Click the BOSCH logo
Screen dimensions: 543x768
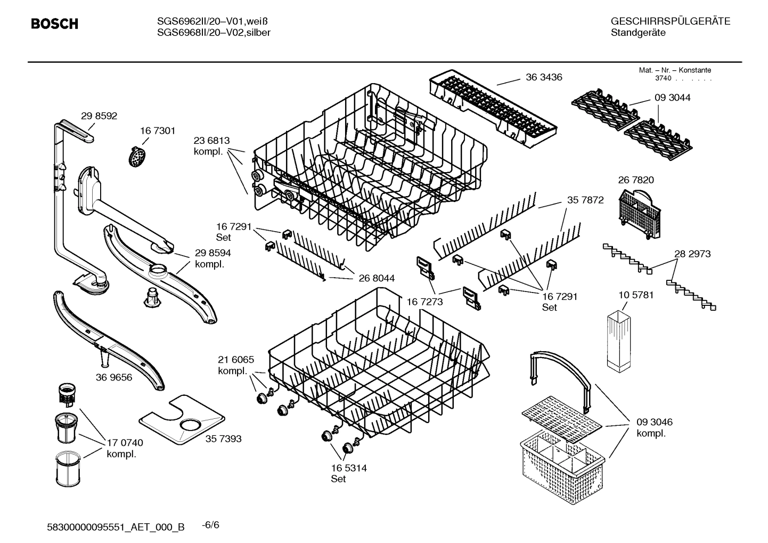click(x=54, y=24)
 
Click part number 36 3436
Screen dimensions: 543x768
click(x=544, y=77)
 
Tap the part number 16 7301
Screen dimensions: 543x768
click(x=158, y=131)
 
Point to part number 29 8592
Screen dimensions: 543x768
click(x=99, y=116)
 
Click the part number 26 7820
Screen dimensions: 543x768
click(x=636, y=180)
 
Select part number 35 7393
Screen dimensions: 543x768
click(x=224, y=439)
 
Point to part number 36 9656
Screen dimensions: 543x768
click(x=114, y=377)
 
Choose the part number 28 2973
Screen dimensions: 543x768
click(x=692, y=254)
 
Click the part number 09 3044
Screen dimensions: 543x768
click(x=672, y=98)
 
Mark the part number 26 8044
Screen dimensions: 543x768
click(x=377, y=278)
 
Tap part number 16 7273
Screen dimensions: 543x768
click(x=425, y=302)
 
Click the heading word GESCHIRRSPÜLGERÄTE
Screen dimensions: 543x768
click(x=671, y=21)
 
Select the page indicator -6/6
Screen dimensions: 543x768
click(x=210, y=525)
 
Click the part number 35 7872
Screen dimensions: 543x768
click(x=585, y=200)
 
